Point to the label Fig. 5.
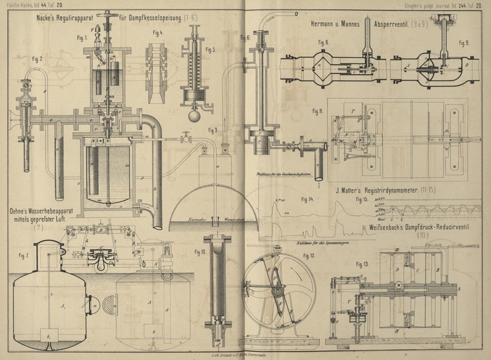pos(211,49)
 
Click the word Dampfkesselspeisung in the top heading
pos(157,21)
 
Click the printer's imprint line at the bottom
pos(245,355)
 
